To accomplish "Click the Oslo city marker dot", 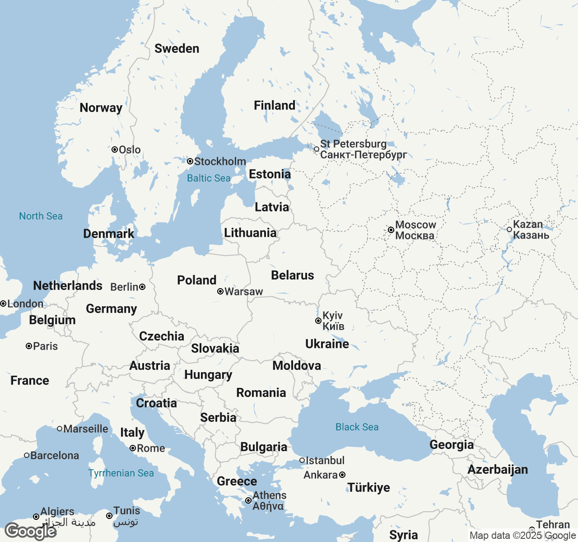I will [115, 150].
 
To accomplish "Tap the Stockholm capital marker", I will [190, 161].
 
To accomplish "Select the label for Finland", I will [275, 106].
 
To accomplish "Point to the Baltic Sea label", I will [209, 178].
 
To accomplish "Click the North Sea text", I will [41, 216].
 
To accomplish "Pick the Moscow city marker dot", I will [391, 230].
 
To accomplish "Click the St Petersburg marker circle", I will [317, 149].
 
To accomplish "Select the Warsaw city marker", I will [220, 291].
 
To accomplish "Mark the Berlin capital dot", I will [142, 287].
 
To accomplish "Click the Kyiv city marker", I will [318, 321].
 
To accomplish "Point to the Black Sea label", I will [357, 427].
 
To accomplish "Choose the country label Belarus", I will [292, 276].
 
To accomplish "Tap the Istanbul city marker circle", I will [302, 460].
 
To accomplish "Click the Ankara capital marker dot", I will [342, 475].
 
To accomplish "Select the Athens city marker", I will [248, 500].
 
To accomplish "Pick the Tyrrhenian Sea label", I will [121, 473].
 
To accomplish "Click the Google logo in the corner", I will [30, 531].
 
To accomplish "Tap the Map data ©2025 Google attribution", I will [522, 536].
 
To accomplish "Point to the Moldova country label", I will [297, 366].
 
